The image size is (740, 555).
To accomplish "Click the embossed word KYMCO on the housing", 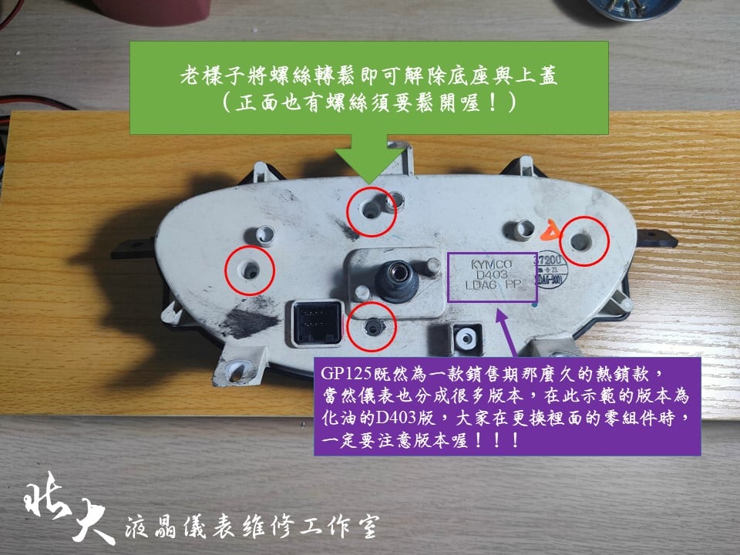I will tap(491, 264).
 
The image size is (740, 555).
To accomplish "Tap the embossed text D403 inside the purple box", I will tap(491, 275).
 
